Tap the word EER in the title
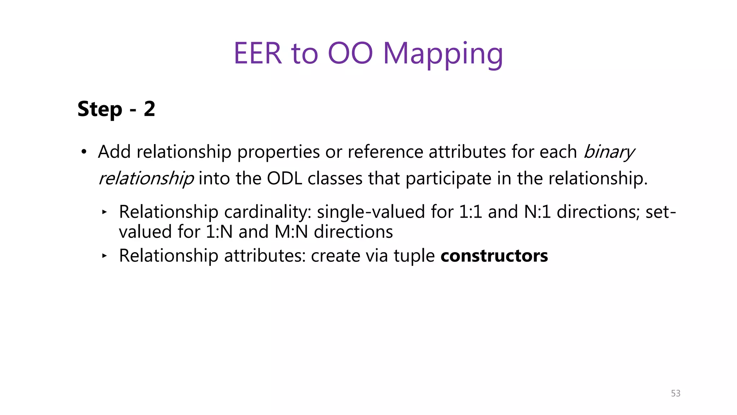[x=258, y=54]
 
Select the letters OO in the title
[x=350, y=54]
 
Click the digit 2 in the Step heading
[x=149, y=109]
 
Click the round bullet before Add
[x=84, y=152]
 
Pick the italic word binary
[x=609, y=152]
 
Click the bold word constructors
[x=494, y=256]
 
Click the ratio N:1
[x=537, y=212]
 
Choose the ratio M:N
[x=291, y=232]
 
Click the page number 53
[x=675, y=393]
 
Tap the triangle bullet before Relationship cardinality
[x=104, y=212]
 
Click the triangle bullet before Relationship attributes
[x=104, y=256]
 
